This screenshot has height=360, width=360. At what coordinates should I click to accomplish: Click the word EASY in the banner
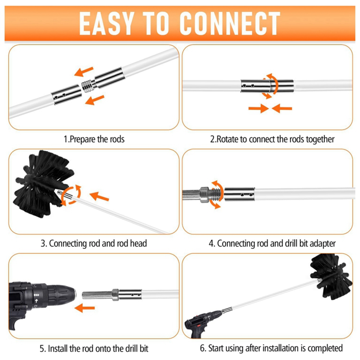click(107, 23)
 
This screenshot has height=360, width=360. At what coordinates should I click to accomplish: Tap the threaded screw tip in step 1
click(88, 85)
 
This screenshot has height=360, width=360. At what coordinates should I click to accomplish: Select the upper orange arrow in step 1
click(84, 71)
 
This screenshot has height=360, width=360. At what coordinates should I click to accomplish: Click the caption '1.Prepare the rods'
click(94, 139)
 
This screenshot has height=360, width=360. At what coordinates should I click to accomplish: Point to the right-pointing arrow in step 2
click(259, 108)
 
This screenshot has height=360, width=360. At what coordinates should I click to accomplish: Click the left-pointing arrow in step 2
click(282, 108)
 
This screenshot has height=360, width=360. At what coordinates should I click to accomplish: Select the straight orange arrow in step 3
click(99, 196)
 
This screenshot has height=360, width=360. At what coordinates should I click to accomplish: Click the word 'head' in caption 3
click(138, 243)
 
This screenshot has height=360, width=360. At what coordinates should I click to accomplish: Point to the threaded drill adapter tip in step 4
click(216, 194)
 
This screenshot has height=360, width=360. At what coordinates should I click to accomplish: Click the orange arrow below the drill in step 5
click(85, 308)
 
